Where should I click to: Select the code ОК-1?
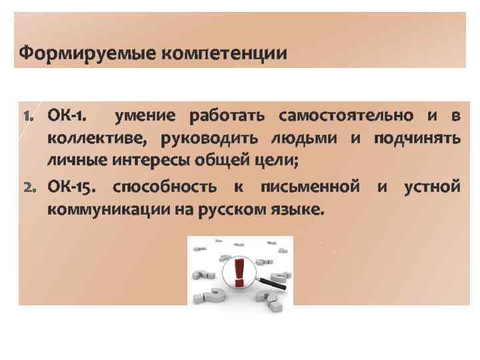coord(66,116)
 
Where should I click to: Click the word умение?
coord(146,116)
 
